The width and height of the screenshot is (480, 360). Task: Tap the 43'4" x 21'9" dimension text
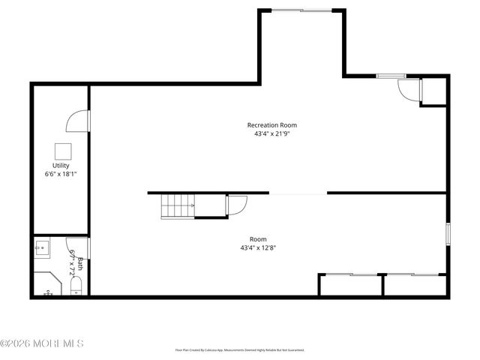click(x=271, y=133)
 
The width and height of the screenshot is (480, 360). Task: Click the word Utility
click(x=61, y=165)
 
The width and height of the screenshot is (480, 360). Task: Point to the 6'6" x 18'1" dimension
click(x=61, y=173)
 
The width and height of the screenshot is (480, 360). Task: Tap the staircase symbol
click(x=178, y=205)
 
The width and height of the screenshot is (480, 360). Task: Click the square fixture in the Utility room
click(x=61, y=149)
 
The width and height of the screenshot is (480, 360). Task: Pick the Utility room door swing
click(x=79, y=121)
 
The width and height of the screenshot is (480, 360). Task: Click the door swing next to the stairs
click(x=237, y=205)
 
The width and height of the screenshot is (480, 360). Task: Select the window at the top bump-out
click(x=302, y=10)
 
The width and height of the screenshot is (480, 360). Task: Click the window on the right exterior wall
click(x=447, y=233)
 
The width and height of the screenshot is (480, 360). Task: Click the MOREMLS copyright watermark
click(x=42, y=343)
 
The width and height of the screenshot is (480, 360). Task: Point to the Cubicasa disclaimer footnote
click(x=240, y=349)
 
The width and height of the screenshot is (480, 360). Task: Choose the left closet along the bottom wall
click(x=351, y=285)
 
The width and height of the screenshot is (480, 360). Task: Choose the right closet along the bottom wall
click(x=415, y=285)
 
